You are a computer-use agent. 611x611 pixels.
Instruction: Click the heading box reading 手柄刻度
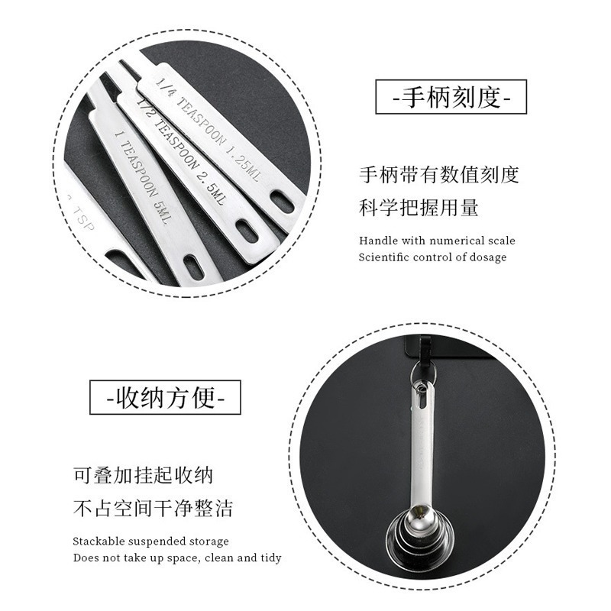click(x=451, y=98)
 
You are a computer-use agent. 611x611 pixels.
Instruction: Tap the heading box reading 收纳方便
click(x=165, y=397)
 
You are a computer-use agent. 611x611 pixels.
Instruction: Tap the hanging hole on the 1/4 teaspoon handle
click(x=282, y=202)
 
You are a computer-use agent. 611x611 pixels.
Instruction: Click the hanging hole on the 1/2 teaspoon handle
click(x=247, y=230)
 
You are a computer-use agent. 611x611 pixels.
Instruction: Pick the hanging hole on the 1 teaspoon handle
click(x=194, y=266)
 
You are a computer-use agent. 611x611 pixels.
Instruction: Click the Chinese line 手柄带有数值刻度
click(x=439, y=175)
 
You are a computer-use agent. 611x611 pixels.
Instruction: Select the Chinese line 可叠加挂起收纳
click(x=143, y=475)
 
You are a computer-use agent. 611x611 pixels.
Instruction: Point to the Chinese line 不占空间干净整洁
click(x=153, y=508)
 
